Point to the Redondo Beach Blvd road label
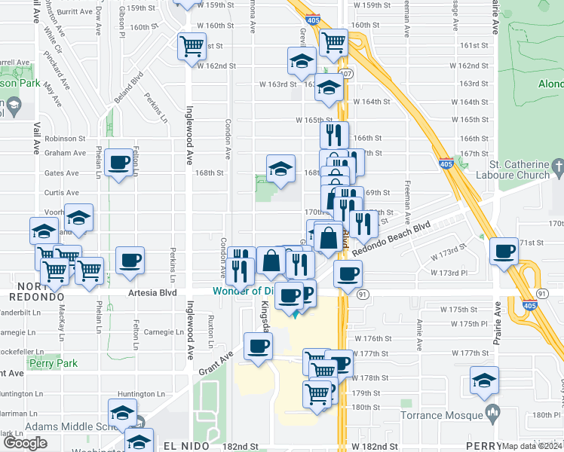pos(391,237)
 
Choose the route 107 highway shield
pos(346,74)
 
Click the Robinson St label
pos(65,139)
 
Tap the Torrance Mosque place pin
pos(492,411)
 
